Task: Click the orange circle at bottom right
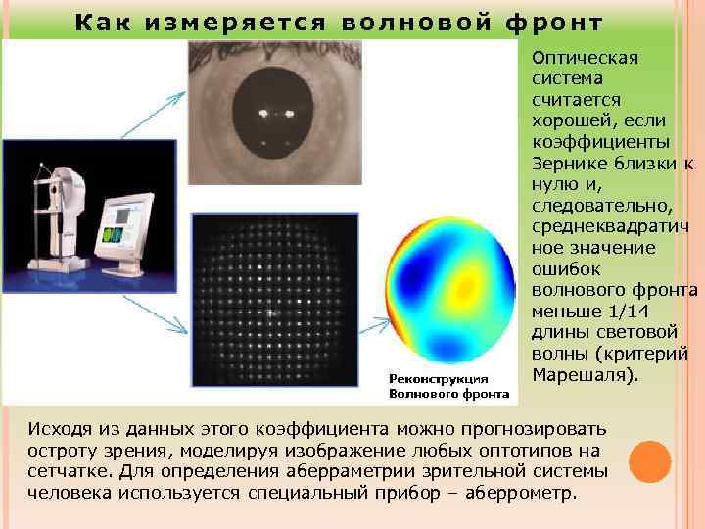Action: (x=650, y=460)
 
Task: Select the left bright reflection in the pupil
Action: (x=262, y=114)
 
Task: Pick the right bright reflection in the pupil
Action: (x=291, y=114)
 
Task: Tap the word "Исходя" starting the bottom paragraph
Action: (x=62, y=429)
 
